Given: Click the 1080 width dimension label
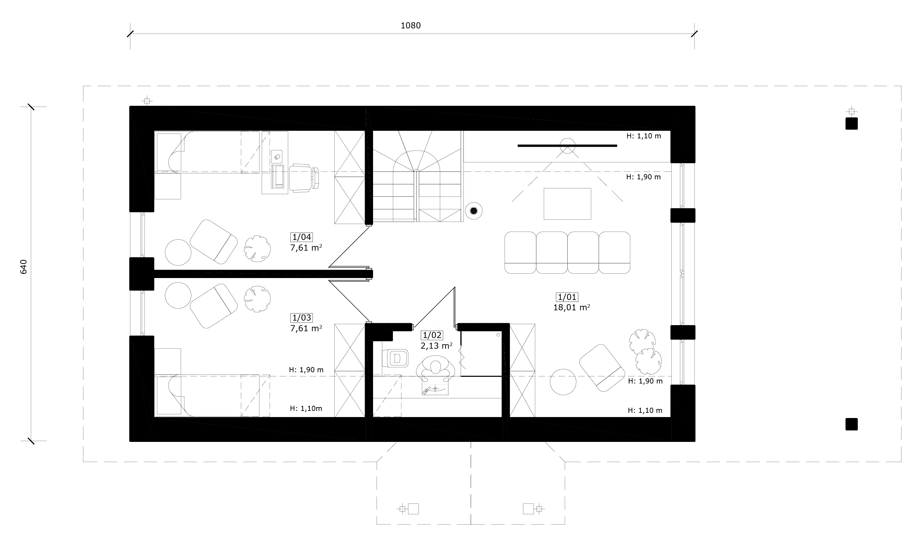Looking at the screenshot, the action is (410, 25).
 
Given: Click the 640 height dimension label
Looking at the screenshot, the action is (23, 267).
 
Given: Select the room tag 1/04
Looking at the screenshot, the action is (302, 237).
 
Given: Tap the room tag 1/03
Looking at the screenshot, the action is (302, 318).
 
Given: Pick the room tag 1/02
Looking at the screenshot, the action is (432, 335).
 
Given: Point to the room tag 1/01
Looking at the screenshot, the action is (567, 297).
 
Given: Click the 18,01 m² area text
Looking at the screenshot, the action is (572, 307).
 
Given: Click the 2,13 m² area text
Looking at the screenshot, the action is (436, 346).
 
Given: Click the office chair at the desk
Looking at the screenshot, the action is (304, 178).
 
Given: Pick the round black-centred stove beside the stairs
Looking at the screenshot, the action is (473, 211).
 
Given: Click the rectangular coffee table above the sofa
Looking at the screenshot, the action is (567, 204).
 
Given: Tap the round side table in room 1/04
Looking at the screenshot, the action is (178, 252).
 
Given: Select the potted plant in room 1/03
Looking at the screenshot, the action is (257, 299).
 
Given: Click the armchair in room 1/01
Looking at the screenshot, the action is (602, 368).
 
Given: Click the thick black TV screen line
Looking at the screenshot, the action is (567, 146).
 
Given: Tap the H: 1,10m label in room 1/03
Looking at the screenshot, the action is (306, 408).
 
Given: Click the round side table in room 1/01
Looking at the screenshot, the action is (563, 382).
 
